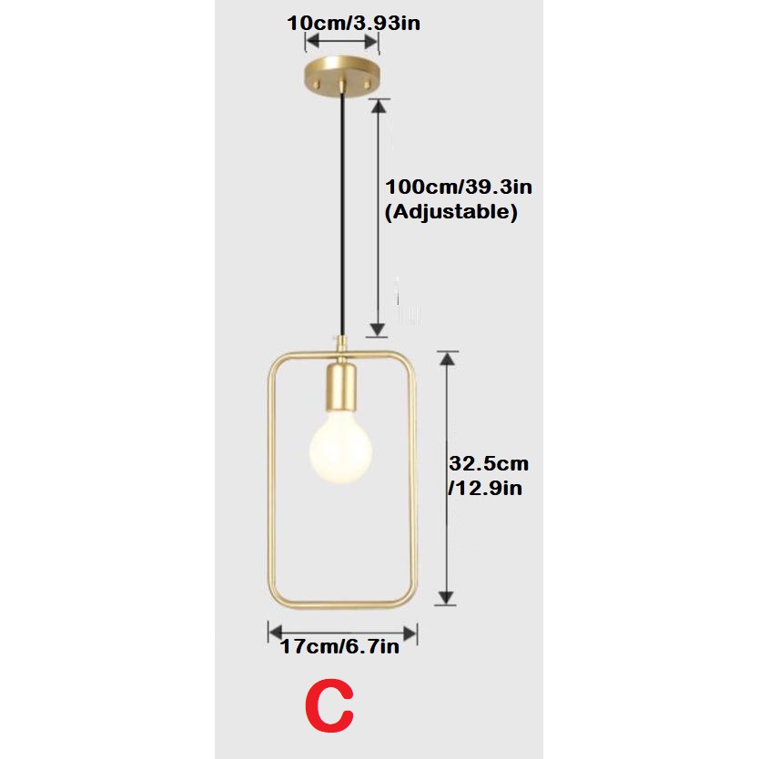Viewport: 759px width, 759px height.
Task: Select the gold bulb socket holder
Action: coord(343,388)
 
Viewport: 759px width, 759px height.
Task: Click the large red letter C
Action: coord(329,707)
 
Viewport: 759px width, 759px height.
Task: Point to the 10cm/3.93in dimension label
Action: coord(353,22)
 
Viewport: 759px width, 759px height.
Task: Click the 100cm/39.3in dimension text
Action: coord(458,187)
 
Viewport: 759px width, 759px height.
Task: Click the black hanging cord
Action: coord(342,209)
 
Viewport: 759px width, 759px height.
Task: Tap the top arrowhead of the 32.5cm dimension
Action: coord(446,360)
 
